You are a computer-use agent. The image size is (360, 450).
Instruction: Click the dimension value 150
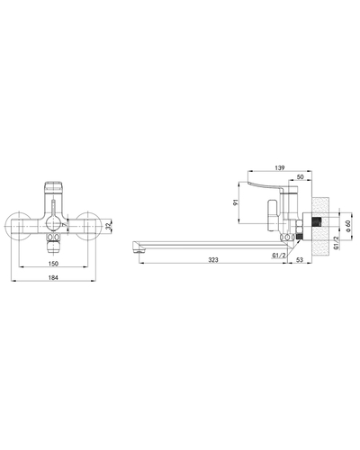pos(53,264)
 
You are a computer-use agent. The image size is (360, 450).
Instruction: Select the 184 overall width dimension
pos(53,278)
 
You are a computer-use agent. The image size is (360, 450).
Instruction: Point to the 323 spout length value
pos(213,260)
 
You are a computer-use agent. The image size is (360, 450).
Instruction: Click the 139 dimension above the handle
pos(279,168)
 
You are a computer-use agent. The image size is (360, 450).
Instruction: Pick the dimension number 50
pos(300,177)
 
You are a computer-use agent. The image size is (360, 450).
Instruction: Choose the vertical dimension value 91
pos(236,202)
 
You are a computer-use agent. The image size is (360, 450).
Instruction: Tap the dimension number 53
pos(300,260)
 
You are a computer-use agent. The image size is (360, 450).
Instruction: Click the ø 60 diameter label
pos(347,226)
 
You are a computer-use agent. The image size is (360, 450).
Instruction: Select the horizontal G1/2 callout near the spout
pos(279,256)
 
